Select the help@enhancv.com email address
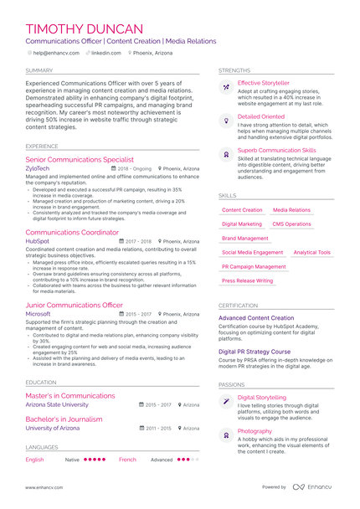tap(56, 53)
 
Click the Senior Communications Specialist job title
tap(80, 158)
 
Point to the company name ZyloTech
tap(38, 168)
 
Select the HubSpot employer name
tap(38, 241)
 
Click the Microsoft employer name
tap(39, 314)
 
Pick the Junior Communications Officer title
tap(74, 305)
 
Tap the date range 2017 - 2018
tap(139, 241)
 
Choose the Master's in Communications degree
tap(69, 395)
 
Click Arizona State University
tap(56, 404)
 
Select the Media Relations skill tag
tap(291, 210)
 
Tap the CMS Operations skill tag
tap(291, 224)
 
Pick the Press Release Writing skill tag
tap(247, 280)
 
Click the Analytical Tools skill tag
tap(311, 252)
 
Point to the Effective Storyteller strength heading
tap(264, 84)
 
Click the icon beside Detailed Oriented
tap(225, 121)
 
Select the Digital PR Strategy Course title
tap(255, 352)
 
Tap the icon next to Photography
tap(225, 435)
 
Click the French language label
tap(127, 460)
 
